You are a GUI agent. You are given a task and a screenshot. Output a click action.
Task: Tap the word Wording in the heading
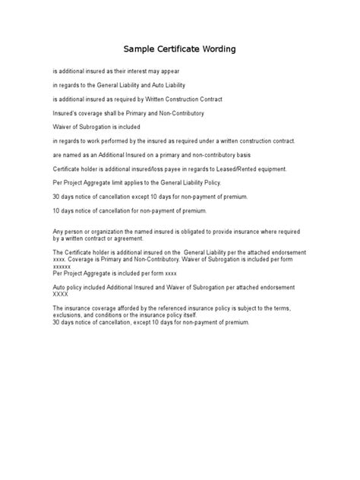pos(218,49)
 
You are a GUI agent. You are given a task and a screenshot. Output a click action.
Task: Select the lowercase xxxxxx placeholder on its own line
pos(62,267)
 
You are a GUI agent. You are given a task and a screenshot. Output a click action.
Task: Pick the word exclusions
pos(68,315)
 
